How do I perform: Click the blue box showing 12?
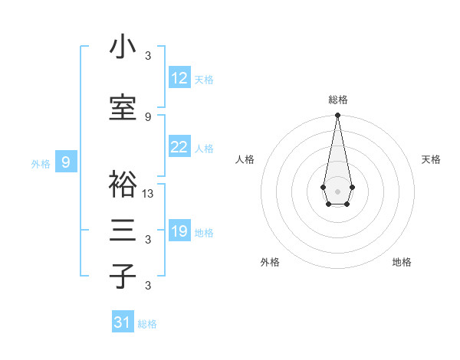(179, 78)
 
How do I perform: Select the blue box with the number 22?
(179, 147)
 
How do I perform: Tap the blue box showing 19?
(179, 231)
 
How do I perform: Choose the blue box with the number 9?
(67, 162)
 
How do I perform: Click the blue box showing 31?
(123, 322)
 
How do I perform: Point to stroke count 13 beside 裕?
(148, 194)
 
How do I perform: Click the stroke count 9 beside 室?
(148, 116)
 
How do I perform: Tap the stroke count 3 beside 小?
(148, 56)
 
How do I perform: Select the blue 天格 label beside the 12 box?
(204, 80)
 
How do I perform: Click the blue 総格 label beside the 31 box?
(147, 324)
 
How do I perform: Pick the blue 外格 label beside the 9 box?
(41, 163)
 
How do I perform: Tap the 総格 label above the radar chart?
(337, 100)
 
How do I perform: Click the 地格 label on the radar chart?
(402, 262)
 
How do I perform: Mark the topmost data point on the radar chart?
(337, 116)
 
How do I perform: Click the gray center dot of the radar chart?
(337, 190)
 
